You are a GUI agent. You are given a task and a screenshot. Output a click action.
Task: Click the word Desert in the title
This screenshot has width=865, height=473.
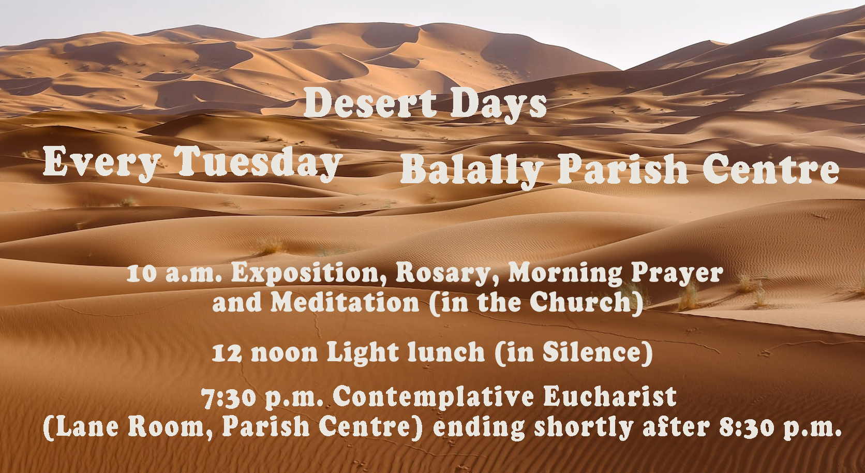pyautogui.click(x=370, y=102)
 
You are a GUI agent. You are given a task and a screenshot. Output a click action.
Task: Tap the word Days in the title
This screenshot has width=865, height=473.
pyautogui.click(x=499, y=105)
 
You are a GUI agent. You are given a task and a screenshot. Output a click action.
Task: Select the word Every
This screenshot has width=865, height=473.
pyautogui.click(x=101, y=164)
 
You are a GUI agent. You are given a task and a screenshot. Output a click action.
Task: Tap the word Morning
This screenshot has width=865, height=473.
pyautogui.click(x=565, y=274)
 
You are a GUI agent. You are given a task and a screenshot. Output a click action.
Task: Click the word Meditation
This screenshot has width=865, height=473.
pyautogui.click(x=345, y=302)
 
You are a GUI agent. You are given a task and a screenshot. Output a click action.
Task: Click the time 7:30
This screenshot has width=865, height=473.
pyautogui.click(x=228, y=398)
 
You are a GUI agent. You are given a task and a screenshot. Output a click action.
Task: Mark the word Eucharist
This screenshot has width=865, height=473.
pyautogui.click(x=610, y=396)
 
